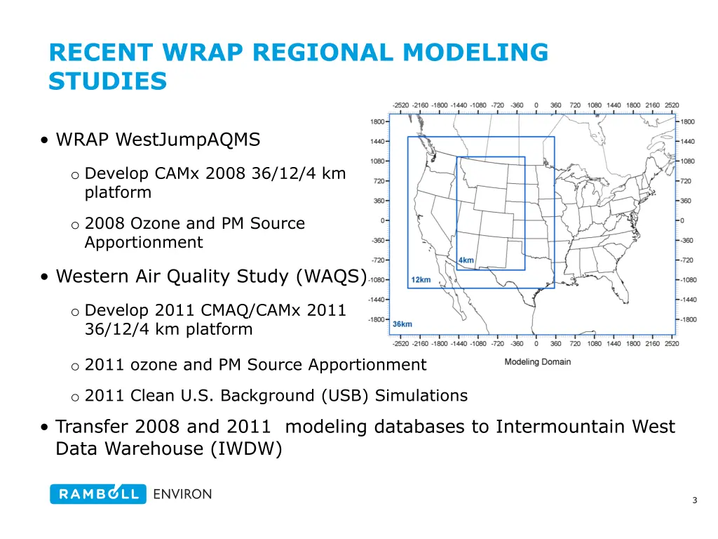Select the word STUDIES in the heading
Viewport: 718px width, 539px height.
click(x=107, y=81)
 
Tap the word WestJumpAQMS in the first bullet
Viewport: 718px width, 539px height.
click(x=187, y=140)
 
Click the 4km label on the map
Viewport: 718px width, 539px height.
click(x=466, y=261)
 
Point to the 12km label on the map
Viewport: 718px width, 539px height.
click(x=421, y=280)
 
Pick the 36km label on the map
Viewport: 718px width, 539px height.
click(x=402, y=324)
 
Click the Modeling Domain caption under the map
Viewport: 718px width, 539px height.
click(x=537, y=362)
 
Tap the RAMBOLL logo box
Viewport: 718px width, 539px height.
click(x=97, y=494)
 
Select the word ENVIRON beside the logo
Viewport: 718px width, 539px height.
click(x=182, y=494)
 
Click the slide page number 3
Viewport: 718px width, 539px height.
click(x=694, y=500)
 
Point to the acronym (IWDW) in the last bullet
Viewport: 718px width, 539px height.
click(x=245, y=449)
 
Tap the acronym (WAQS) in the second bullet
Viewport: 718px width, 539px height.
click(x=331, y=277)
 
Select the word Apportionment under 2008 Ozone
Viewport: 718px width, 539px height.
click(x=144, y=243)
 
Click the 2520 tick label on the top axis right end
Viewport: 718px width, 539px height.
click(x=672, y=105)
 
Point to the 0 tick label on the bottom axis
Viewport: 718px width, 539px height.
click(x=536, y=344)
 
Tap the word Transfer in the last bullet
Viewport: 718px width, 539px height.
click(x=92, y=427)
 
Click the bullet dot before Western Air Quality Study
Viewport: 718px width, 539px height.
click(x=44, y=277)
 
